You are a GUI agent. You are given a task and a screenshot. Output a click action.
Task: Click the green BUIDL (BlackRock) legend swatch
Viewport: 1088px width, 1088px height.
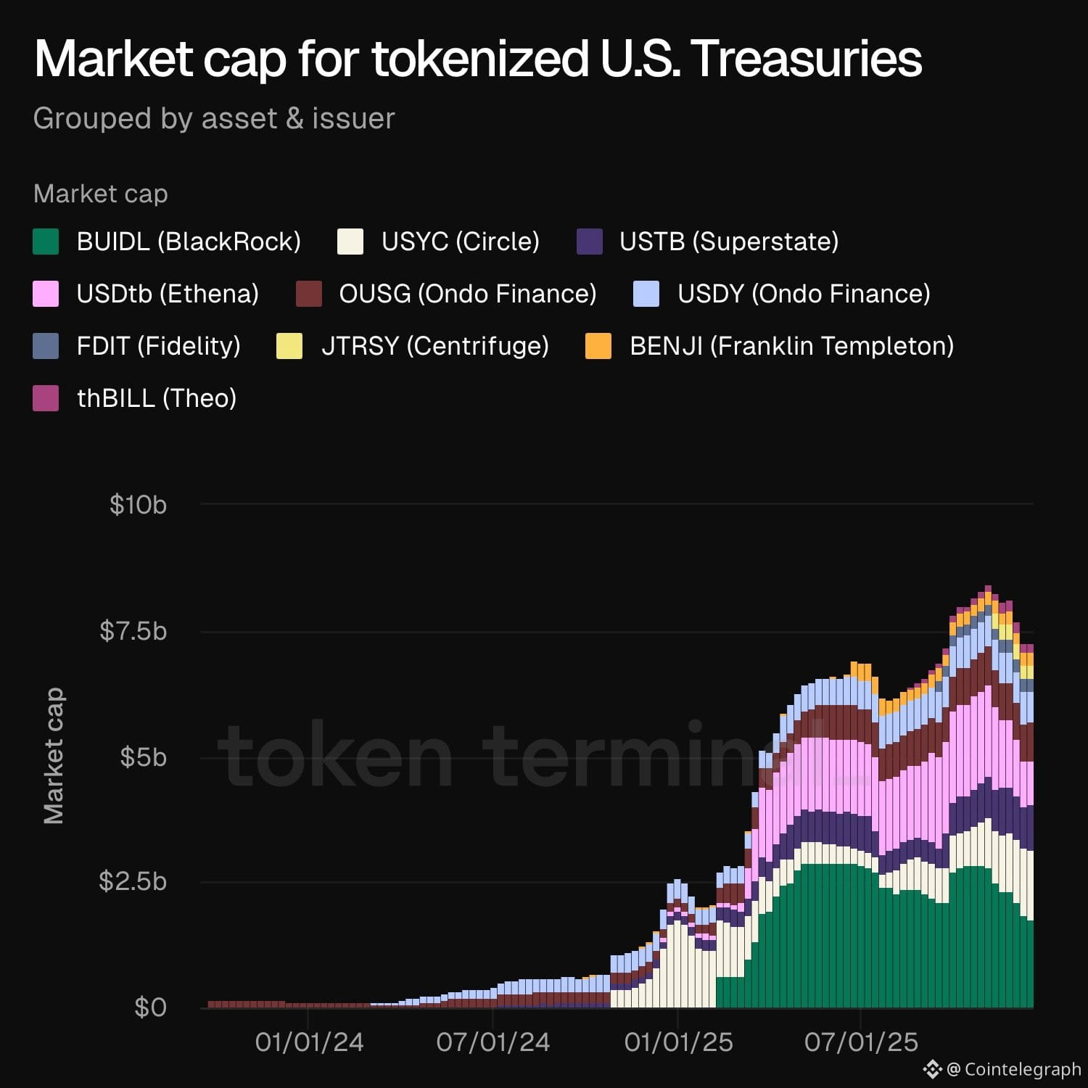[46, 242]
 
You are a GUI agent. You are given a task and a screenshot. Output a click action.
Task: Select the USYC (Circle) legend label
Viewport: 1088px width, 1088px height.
[460, 242]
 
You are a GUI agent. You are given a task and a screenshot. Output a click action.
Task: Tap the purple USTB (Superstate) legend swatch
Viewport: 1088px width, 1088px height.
[589, 242]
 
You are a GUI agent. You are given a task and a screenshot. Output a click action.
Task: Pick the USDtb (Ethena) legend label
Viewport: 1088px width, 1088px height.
[168, 294]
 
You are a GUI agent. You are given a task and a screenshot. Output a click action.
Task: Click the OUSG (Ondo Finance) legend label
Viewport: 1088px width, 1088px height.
[467, 294]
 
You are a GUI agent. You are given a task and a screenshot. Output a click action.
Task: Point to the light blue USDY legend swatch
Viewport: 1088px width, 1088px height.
[646, 294]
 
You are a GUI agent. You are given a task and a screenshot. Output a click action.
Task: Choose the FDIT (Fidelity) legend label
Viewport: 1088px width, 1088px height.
[158, 346]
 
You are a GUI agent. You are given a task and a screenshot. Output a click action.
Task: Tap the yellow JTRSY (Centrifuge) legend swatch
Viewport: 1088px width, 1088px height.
[289, 346]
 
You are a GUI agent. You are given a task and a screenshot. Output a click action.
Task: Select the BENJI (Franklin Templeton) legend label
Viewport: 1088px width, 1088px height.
[791, 346]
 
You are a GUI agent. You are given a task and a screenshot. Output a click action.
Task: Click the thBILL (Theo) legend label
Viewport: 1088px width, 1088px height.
[157, 398]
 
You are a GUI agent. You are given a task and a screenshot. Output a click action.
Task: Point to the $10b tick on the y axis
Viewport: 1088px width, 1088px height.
[138, 504]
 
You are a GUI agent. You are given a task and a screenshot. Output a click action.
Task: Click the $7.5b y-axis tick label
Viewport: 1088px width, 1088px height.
[133, 631]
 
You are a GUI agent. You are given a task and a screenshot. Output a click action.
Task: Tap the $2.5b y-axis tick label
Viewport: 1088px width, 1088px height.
[133, 881]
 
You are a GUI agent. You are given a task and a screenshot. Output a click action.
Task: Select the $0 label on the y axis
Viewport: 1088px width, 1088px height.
[150, 1007]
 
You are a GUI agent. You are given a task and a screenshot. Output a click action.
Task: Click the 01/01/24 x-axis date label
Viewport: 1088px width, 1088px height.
[309, 1042]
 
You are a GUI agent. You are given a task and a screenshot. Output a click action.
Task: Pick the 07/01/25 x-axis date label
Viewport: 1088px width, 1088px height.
[861, 1042]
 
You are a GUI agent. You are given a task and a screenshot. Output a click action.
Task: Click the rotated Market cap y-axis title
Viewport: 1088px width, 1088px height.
[54, 756]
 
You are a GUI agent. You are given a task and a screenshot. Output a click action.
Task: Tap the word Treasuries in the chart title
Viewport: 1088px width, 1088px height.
[806, 58]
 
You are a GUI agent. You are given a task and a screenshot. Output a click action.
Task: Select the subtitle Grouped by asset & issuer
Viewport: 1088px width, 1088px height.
[214, 118]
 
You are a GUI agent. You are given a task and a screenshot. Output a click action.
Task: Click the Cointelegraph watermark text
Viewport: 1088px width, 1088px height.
[1022, 1069]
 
